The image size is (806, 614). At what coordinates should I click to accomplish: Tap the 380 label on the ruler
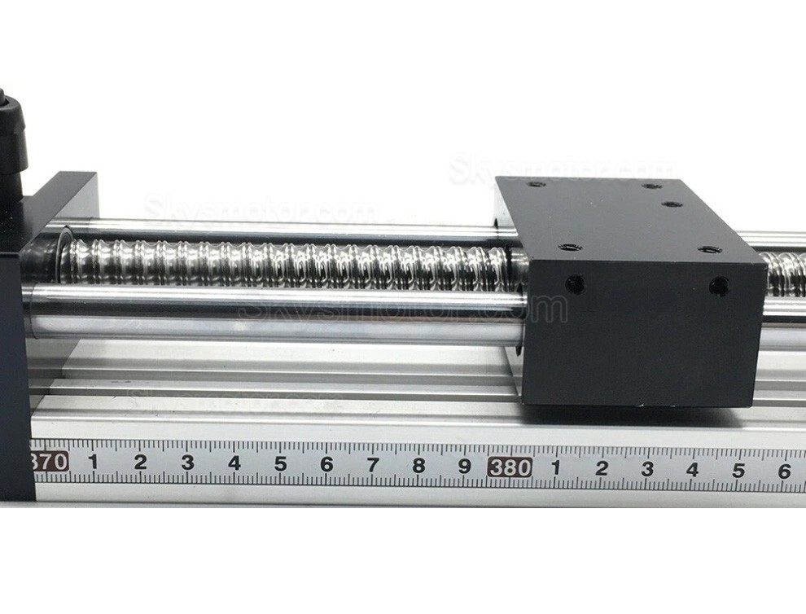(x=510, y=467)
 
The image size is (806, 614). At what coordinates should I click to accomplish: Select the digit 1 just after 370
(x=93, y=463)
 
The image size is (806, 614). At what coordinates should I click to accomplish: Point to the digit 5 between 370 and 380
(x=280, y=464)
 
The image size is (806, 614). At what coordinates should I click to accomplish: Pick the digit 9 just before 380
(x=464, y=467)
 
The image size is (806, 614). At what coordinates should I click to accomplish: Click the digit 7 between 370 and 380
(x=373, y=465)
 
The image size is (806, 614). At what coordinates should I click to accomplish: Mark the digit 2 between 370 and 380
(x=140, y=463)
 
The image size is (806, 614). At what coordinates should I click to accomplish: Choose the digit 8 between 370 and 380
(x=418, y=466)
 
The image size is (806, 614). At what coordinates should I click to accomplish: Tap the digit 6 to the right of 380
(x=784, y=471)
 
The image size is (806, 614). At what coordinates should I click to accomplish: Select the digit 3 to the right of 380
(x=647, y=469)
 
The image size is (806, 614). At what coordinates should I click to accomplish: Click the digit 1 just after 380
(x=556, y=467)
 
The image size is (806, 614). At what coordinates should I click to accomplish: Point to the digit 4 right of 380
(x=692, y=470)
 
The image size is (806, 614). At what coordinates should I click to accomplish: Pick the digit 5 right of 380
(x=738, y=470)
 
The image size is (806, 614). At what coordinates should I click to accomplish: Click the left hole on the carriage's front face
(x=575, y=284)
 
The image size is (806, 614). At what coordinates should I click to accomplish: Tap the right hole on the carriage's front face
(x=719, y=286)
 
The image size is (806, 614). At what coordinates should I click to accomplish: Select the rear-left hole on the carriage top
(x=536, y=183)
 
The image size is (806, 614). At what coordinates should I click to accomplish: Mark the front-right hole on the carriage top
(x=710, y=250)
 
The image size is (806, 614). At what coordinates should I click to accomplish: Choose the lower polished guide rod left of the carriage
(x=277, y=314)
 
